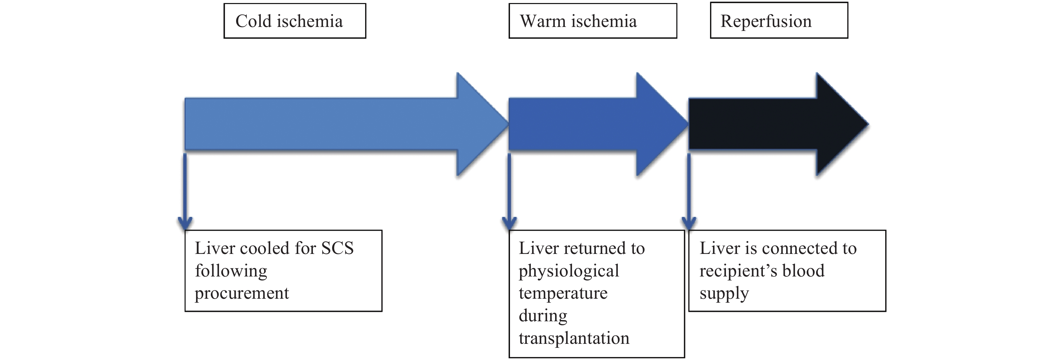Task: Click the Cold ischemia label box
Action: coord(294,21)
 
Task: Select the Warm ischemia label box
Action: coord(592,21)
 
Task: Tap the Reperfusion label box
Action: coord(778,21)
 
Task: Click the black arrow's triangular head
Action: coord(840,124)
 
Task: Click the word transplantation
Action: coord(574,338)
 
